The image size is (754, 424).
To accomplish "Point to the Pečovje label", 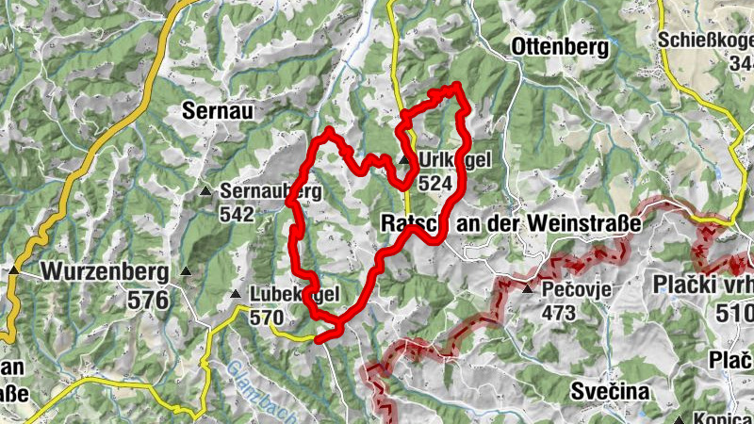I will [578, 287].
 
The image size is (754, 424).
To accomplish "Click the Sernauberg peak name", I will [271, 191].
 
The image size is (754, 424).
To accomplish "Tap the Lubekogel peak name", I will [295, 295].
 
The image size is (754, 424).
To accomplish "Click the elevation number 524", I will [435, 183].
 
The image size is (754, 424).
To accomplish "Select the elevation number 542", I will [237, 214].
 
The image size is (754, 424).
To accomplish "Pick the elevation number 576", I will [149, 301].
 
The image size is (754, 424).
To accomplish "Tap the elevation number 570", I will [268, 318].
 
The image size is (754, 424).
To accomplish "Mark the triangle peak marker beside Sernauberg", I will [205, 192].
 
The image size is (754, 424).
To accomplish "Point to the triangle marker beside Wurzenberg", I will [15, 271].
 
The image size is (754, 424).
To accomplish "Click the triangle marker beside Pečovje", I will [527, 287].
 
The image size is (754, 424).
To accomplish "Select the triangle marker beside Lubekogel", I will [236, 295].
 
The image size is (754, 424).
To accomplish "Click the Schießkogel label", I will [706, 40].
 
